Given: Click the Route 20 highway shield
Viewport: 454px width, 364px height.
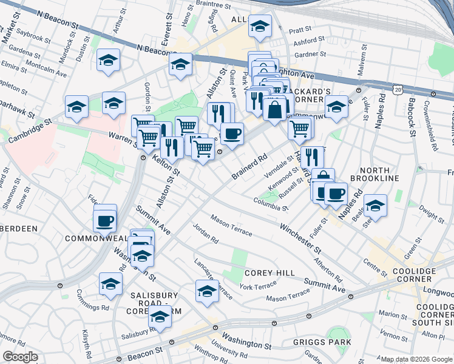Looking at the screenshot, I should click(x=398, y=89).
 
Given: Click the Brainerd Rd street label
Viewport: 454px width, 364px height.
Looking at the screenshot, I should click(x=249, y=169).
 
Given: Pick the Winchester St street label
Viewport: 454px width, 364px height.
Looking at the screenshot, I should click(x=300, y=238).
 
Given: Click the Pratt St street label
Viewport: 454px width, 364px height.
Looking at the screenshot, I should click(x=300, y=29).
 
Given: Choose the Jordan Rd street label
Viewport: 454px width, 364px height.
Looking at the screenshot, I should click(x=205, y=234).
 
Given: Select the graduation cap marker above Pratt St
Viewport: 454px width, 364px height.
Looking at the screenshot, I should click(x=260, y=26).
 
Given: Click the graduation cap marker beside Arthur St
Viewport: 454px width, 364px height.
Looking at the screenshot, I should click(x=109, y=60).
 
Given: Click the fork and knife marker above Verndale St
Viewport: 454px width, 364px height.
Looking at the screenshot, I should click(x=312, y=157).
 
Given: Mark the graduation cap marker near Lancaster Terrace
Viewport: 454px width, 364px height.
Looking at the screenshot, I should click(x=207, y=291).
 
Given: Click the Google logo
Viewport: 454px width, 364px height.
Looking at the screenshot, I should click(x=20, y=357).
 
